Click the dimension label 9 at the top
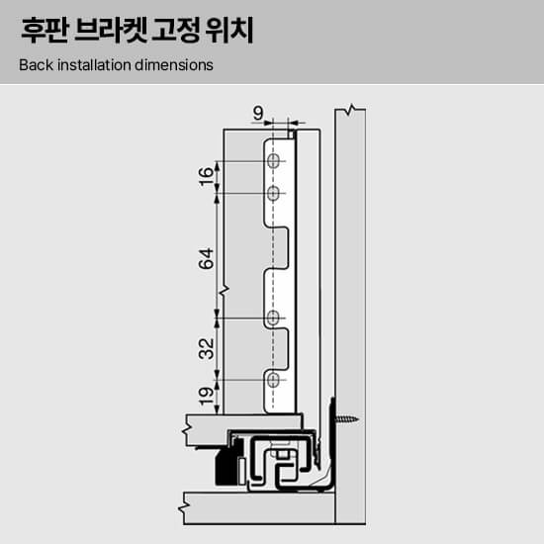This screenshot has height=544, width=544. click(258, 113)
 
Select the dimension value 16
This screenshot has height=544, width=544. click(207, 177)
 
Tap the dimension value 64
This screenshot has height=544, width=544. click(207, 259)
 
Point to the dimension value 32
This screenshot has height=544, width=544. click(207, 349)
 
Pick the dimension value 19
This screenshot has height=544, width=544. click(207, 397)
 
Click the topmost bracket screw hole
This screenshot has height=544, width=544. click(273, 161)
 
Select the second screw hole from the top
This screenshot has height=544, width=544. click(273, 193)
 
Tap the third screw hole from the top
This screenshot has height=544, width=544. click(273, 317)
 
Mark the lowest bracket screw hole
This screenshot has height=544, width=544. click(273, 380)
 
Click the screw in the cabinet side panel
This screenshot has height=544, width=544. click(346, 419)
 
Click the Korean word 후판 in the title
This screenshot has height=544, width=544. click(45, 31)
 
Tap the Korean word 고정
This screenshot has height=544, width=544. click(175, 31)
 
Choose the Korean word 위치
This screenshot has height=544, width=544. click(229, 31)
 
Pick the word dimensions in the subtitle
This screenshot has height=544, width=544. click(174, 65)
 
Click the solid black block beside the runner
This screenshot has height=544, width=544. click(227, 463)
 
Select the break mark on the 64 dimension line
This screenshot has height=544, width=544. click(223, 291)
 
